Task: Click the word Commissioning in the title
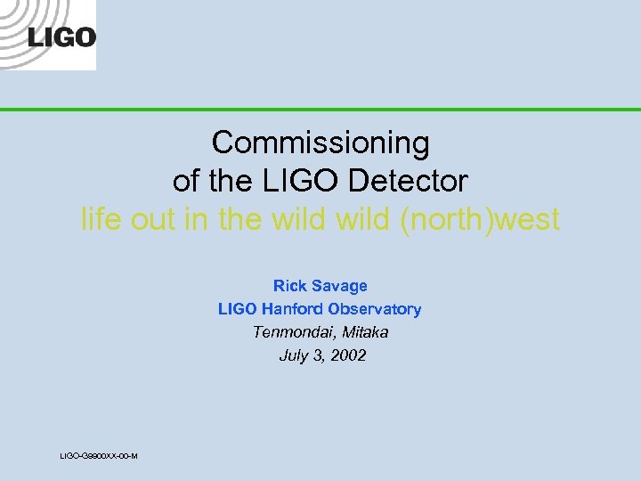(320, 143)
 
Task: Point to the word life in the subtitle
(101, 219)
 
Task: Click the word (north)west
(480, 219)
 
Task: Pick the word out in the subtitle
(154, 219)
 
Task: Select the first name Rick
(289, 286)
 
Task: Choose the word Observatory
(375, 309)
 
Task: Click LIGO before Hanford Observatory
(236, 309)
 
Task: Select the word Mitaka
(363, 332)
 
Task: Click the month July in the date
(292, 355)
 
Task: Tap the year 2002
(348, 355)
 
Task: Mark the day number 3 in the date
(317, 355)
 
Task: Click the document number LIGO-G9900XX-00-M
(98, 456)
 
